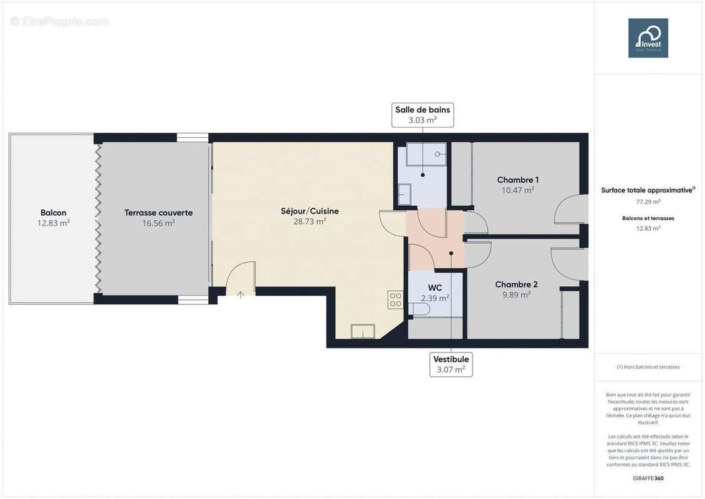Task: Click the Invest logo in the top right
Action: [648, 38]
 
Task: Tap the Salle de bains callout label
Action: [422, 115]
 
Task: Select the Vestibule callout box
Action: [451, 364]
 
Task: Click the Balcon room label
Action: [54, 213]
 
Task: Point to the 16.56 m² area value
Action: [158, 223]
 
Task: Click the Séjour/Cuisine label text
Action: [309, 211]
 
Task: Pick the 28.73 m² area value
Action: [309, 221]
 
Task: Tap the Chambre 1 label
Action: [517, 180]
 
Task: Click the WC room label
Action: [435, 288]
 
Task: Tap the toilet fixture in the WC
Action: [420, 309]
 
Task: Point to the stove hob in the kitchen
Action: [396, 299]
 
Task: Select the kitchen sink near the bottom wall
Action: [362, 331]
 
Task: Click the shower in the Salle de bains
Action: [426, 154]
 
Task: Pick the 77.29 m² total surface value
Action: [648, 201]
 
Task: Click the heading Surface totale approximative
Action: [647, 190]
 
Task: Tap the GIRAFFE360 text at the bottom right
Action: [648, 478]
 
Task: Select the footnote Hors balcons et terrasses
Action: [648, 367]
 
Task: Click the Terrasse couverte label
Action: [158, 213]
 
